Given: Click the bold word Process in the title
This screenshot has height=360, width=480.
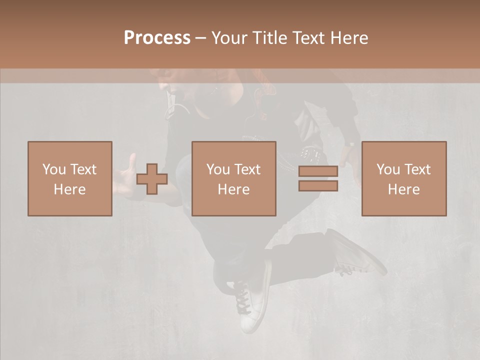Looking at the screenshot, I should [157, 38].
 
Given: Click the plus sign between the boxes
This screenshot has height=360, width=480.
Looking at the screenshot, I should [152, 179].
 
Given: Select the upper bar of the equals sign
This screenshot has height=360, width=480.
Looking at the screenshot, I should [318, 171].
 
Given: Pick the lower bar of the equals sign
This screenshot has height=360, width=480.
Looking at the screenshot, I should [318, 185].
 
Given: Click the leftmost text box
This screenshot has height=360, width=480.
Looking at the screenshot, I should [70, 178].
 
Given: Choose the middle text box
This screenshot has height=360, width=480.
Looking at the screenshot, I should [234, 178].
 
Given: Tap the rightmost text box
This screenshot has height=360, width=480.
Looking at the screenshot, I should [404, 178].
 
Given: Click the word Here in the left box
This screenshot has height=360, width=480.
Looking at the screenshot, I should [70, 189].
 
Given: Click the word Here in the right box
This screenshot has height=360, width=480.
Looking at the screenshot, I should [404, 189].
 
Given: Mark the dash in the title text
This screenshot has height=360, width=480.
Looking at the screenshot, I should [201, 38].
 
